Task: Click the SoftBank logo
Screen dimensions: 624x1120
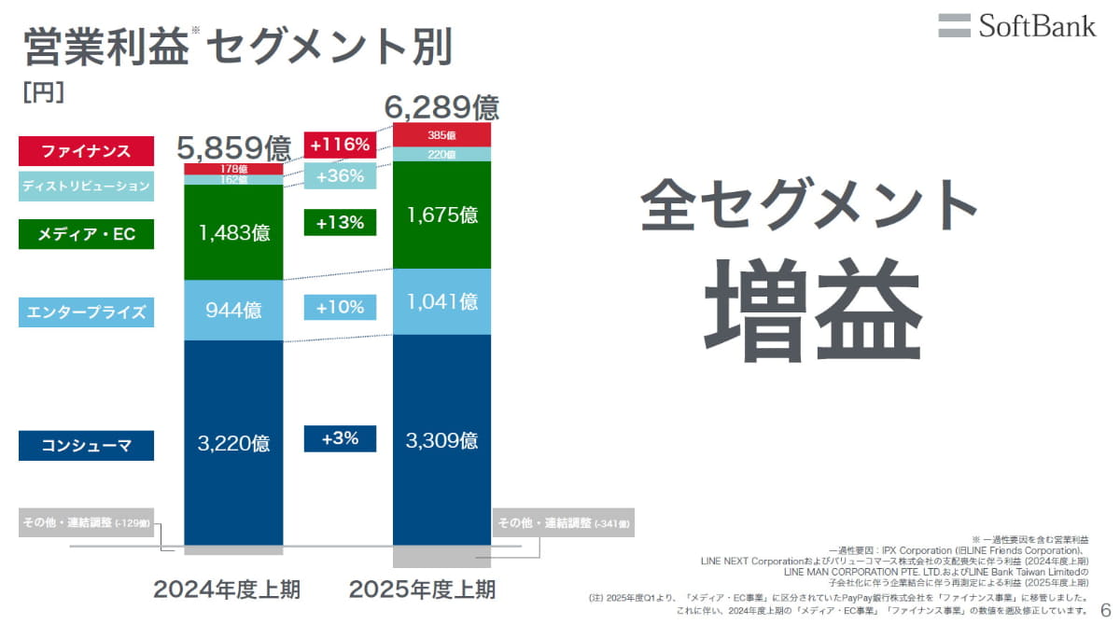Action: [x=1017, y=25]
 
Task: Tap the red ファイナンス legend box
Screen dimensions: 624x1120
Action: [x=86, y=150]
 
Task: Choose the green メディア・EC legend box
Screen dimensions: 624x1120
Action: [x=86, y=234]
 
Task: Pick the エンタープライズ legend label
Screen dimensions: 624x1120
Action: [x=86, y=312]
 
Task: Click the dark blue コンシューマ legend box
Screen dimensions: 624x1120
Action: [x=86, y=446]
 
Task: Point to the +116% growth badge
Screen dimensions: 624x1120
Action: [x=340, y=145]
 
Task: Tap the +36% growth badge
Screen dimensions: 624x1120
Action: [x=340, y=176]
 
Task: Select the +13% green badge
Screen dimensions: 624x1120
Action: [x=340, y=222]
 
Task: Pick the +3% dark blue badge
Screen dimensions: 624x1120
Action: [x=340, y=438]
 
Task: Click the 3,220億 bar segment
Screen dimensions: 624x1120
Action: [x=233, y=443]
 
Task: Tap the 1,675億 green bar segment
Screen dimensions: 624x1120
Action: [x=441, y=215]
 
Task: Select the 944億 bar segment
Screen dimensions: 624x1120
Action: [x=233, y=311]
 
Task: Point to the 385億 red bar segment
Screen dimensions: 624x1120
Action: [x=441, y=135]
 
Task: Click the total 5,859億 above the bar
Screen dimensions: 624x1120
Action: [x=233, y=146]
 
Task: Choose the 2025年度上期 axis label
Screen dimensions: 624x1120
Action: [x=422, y=589]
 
